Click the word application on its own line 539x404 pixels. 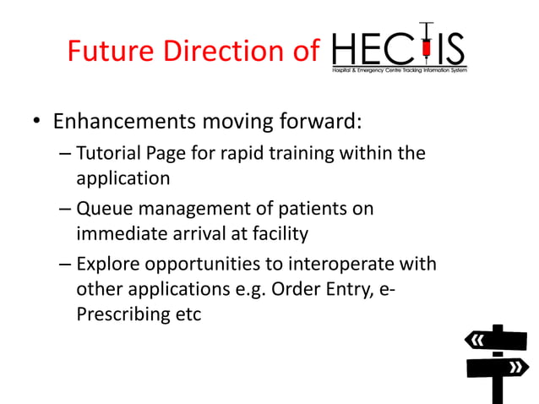tap(123, 178)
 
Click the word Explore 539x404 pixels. tap(107, 263)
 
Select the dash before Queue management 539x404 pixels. tap(65, 209)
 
